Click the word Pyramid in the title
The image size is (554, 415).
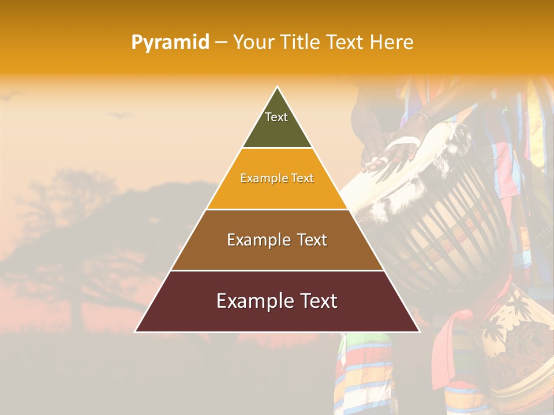pos(170,43)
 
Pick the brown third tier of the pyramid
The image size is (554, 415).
pos(277,254)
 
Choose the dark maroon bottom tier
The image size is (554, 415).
pos(277,314)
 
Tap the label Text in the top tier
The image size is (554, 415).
pos(276,117)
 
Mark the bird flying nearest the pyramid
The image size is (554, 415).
pos(119,115)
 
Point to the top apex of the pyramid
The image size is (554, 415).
pos(277,88)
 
